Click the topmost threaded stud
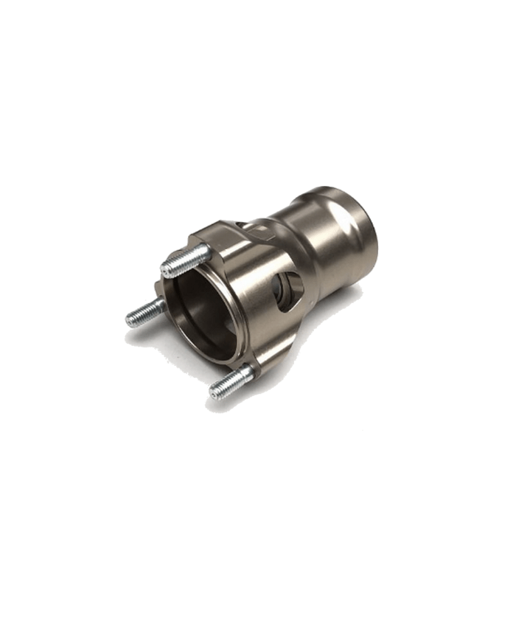[186, 260]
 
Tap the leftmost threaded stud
[145, 313]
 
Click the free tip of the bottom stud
[215, 392]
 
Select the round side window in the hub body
[287, 289]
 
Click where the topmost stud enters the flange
[206, 251]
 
